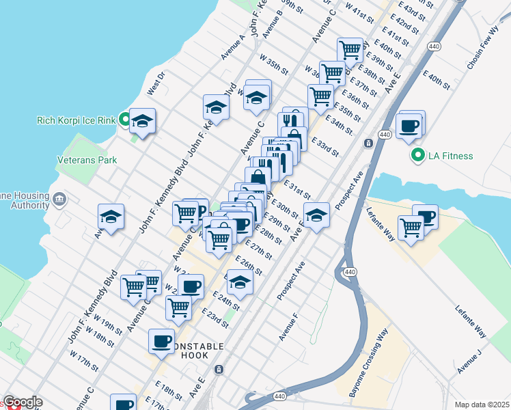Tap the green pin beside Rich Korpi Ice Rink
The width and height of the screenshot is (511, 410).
click(125, 121)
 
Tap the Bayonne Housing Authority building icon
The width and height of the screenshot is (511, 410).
click(59, 200)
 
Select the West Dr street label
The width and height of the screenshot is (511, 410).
click(156, 83)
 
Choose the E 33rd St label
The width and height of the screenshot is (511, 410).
click(324, 146)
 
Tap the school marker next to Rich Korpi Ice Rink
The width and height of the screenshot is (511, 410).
click(142, 122)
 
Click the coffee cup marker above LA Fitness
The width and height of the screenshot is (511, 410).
click(410, 126)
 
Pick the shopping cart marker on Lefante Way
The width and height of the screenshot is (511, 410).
click(411, 227)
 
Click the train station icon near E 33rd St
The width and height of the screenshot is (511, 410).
click(368, 143)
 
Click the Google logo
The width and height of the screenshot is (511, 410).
click(23, 402)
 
